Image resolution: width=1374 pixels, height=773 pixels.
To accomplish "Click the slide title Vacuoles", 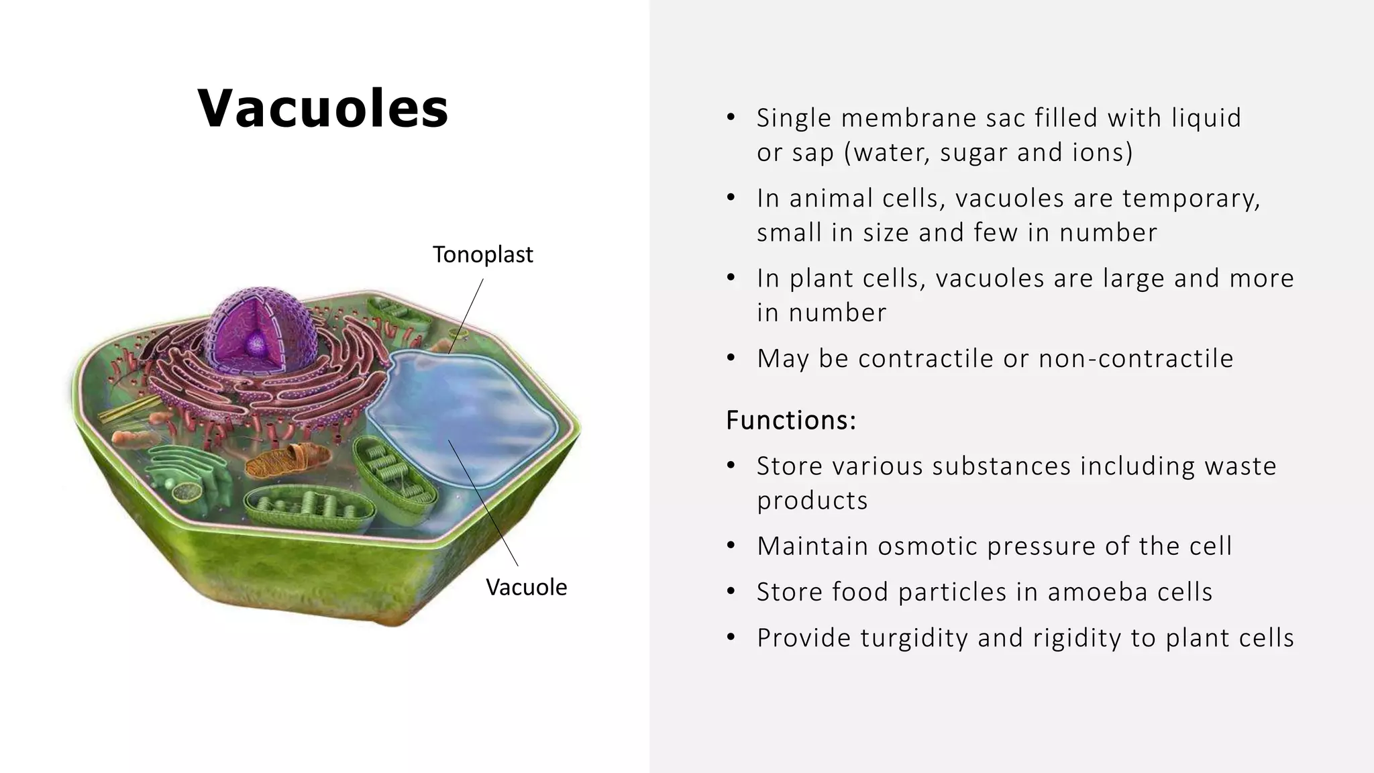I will pyautogui.click(x=323, y=108).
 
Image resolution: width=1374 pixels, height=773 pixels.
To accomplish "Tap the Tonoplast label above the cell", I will pyautogui.click(x=482, y=255).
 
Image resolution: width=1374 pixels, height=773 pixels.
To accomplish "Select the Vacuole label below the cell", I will pyautogui.click(x=526, y=587).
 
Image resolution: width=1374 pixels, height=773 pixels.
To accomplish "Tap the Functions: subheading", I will pyautogui.click(x=791, y=420).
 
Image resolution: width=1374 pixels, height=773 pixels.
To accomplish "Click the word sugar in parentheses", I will pyautogui.click(x=973, y=152).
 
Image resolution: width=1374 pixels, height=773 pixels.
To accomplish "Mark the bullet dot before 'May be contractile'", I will pyautogui.click(x=731, y=358).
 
